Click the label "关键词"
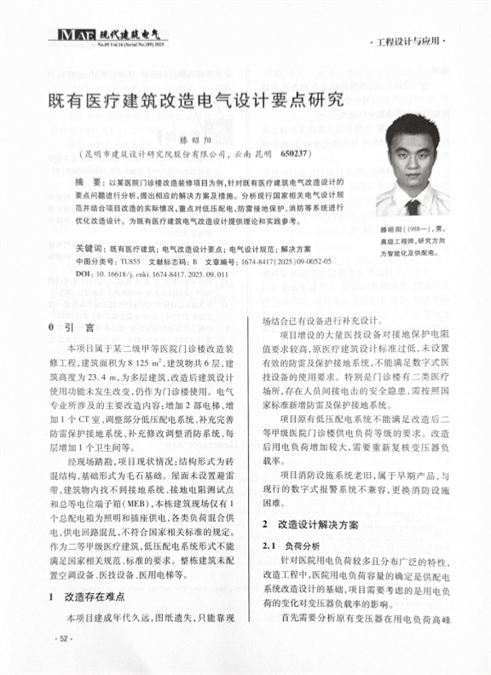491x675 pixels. pyautogui.click(x=88, y=246)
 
